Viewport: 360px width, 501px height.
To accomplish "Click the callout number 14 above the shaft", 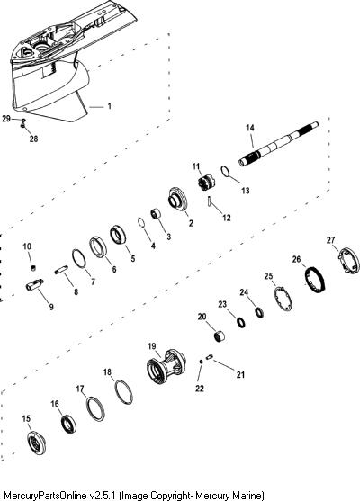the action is [x=250, y=128].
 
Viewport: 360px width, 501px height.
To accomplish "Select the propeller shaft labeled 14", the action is [x=278, y=144].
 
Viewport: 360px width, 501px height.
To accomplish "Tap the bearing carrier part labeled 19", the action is [x=166, y=365].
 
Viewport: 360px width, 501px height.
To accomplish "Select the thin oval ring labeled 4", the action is [x=141, y=222].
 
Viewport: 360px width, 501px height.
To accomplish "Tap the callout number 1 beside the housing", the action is [x=109, y=106].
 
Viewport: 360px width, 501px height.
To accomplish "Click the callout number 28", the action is [x=33, y=139].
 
